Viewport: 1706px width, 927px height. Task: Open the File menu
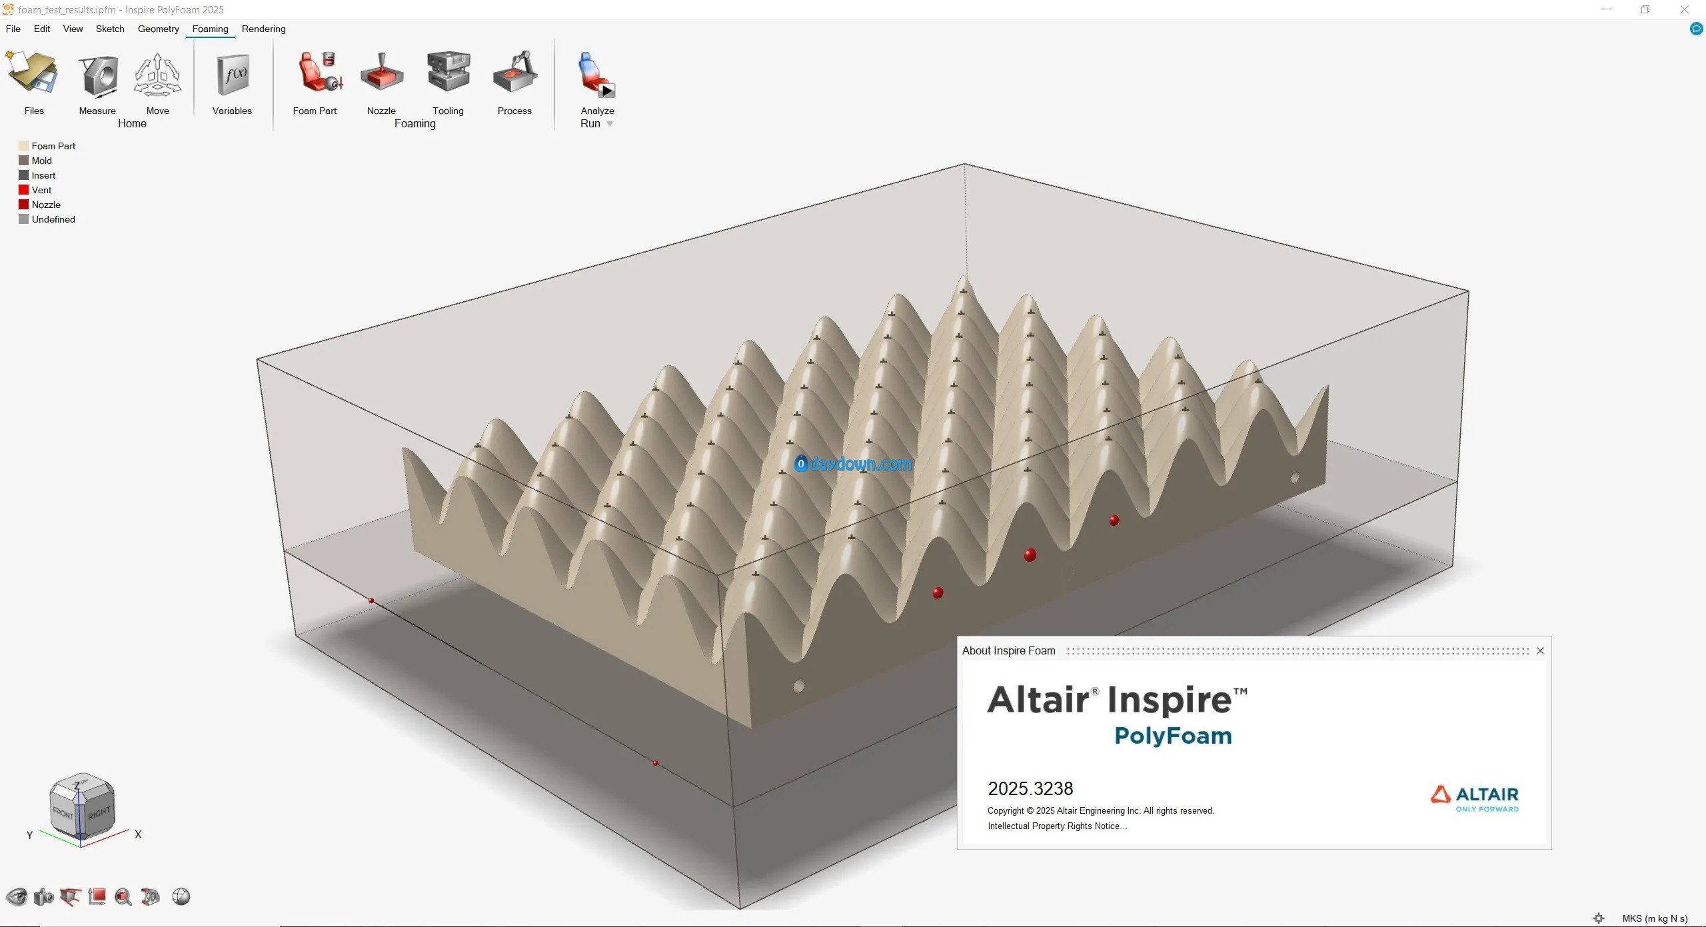[13, 29]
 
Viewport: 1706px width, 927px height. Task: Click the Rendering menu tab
[263, 29]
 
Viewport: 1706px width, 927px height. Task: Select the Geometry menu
[158, 29]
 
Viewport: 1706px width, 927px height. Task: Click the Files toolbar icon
[32, 73]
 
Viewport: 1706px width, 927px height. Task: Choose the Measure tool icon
[98, 75]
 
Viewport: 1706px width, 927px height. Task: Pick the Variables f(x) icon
[233, 75]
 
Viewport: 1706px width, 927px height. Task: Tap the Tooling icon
[448, 71]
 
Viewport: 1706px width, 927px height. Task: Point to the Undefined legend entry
[47, 219]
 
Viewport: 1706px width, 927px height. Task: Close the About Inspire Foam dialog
[1540, 651]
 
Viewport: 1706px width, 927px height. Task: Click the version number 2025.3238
[1030, 789]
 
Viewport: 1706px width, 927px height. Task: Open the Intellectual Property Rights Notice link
[1057, 826]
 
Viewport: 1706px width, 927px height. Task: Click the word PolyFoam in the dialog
[1173, 736]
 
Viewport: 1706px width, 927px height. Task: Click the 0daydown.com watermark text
[854, 464]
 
